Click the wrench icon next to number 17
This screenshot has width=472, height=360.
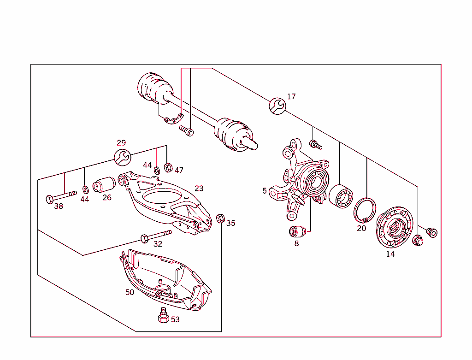pyautogui.click(x=277, y=106)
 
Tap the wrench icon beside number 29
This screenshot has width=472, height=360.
pyautogui.click(x=122, y=157)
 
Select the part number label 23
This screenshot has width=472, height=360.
pyautogui.click(x=199, y=189)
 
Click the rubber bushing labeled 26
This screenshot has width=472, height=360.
pyautogui.click(x=104, y=185)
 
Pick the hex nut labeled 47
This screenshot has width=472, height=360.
pyautogui.click(x=168, y=167)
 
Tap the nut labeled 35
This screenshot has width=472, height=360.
pyautogui.click(x=220, y=218)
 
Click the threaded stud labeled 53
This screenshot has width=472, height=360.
pyautogui.click(x=163, y=316)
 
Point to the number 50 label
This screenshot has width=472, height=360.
pyautogui.click(x=130, y=292)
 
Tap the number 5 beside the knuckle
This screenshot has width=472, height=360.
pyautogui.click(x=265, y=190)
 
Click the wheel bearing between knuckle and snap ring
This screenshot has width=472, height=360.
pyautogui.click(x=341, y=196)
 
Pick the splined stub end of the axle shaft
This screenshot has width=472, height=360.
pyautogui.click(x=252, y=144)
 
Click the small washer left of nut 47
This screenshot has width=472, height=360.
pyautogui.click(x=157, y=171)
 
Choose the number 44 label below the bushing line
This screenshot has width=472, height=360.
pyautogui.click(x=85, y=199)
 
